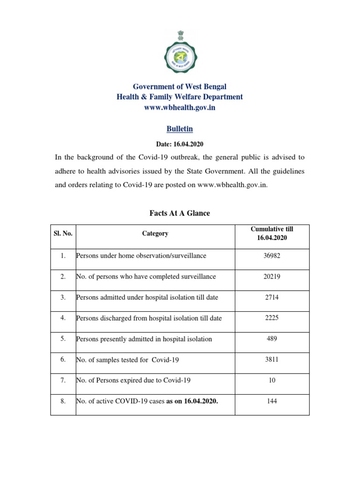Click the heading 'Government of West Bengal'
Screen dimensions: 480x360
coord(180,87)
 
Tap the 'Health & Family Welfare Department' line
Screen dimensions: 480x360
coord(180,97)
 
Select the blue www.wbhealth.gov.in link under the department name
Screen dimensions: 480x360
coord(180,107)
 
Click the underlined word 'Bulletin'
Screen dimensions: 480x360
coord(180,128)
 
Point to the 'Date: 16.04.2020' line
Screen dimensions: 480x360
coord(180,144)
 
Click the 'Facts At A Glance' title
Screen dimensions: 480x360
coord(180,213)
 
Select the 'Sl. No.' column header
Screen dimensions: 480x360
coord(63,233)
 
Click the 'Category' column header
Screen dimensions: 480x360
coord(155,233)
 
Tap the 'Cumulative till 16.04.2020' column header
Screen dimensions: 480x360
coord(272,233)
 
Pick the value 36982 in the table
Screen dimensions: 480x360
coord(272,256)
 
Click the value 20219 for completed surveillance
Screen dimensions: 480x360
coord(272,277)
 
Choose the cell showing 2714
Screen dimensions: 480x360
coord(272,298)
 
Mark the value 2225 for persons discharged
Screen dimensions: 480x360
coord(272,318)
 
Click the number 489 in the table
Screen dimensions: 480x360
coord(272,339)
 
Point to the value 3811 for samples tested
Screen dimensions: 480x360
coord(272,360)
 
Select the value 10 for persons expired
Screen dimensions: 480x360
coord(272,381)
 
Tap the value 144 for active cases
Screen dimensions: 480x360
coord(272,402)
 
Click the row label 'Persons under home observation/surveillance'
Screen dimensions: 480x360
coord(141,256)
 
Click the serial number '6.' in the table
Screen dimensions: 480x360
coord(63,360)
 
